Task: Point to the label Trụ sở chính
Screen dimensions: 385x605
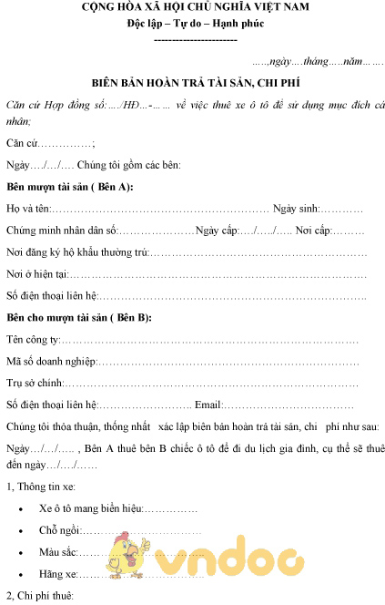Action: (x=35, y=383)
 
